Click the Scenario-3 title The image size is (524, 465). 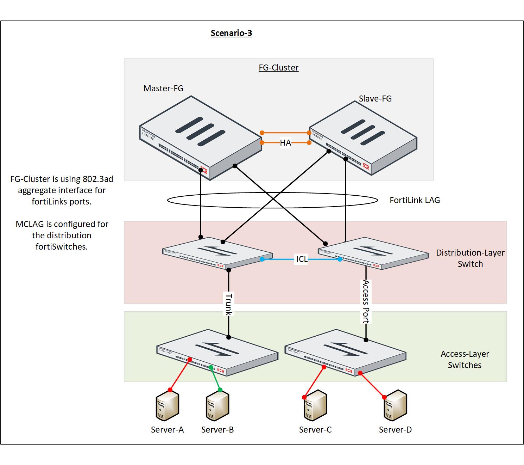(x=231, y=33)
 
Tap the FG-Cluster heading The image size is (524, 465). (x=278, y=68)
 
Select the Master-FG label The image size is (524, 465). (x=163, y=88)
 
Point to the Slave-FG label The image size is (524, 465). (x=375, y=99)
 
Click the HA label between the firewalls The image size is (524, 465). (x=285, y=143)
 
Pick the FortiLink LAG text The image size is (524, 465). (x=415, y=200)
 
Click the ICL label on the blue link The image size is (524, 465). (x=302, y=259)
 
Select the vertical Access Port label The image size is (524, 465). (x=366, y=301)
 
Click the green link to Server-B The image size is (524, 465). (x=215, y=379)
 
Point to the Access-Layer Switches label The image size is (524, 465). (x=465, y=360)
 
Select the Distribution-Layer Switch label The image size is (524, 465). (x=470, y=258)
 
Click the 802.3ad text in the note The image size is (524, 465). (x=98, y=179)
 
